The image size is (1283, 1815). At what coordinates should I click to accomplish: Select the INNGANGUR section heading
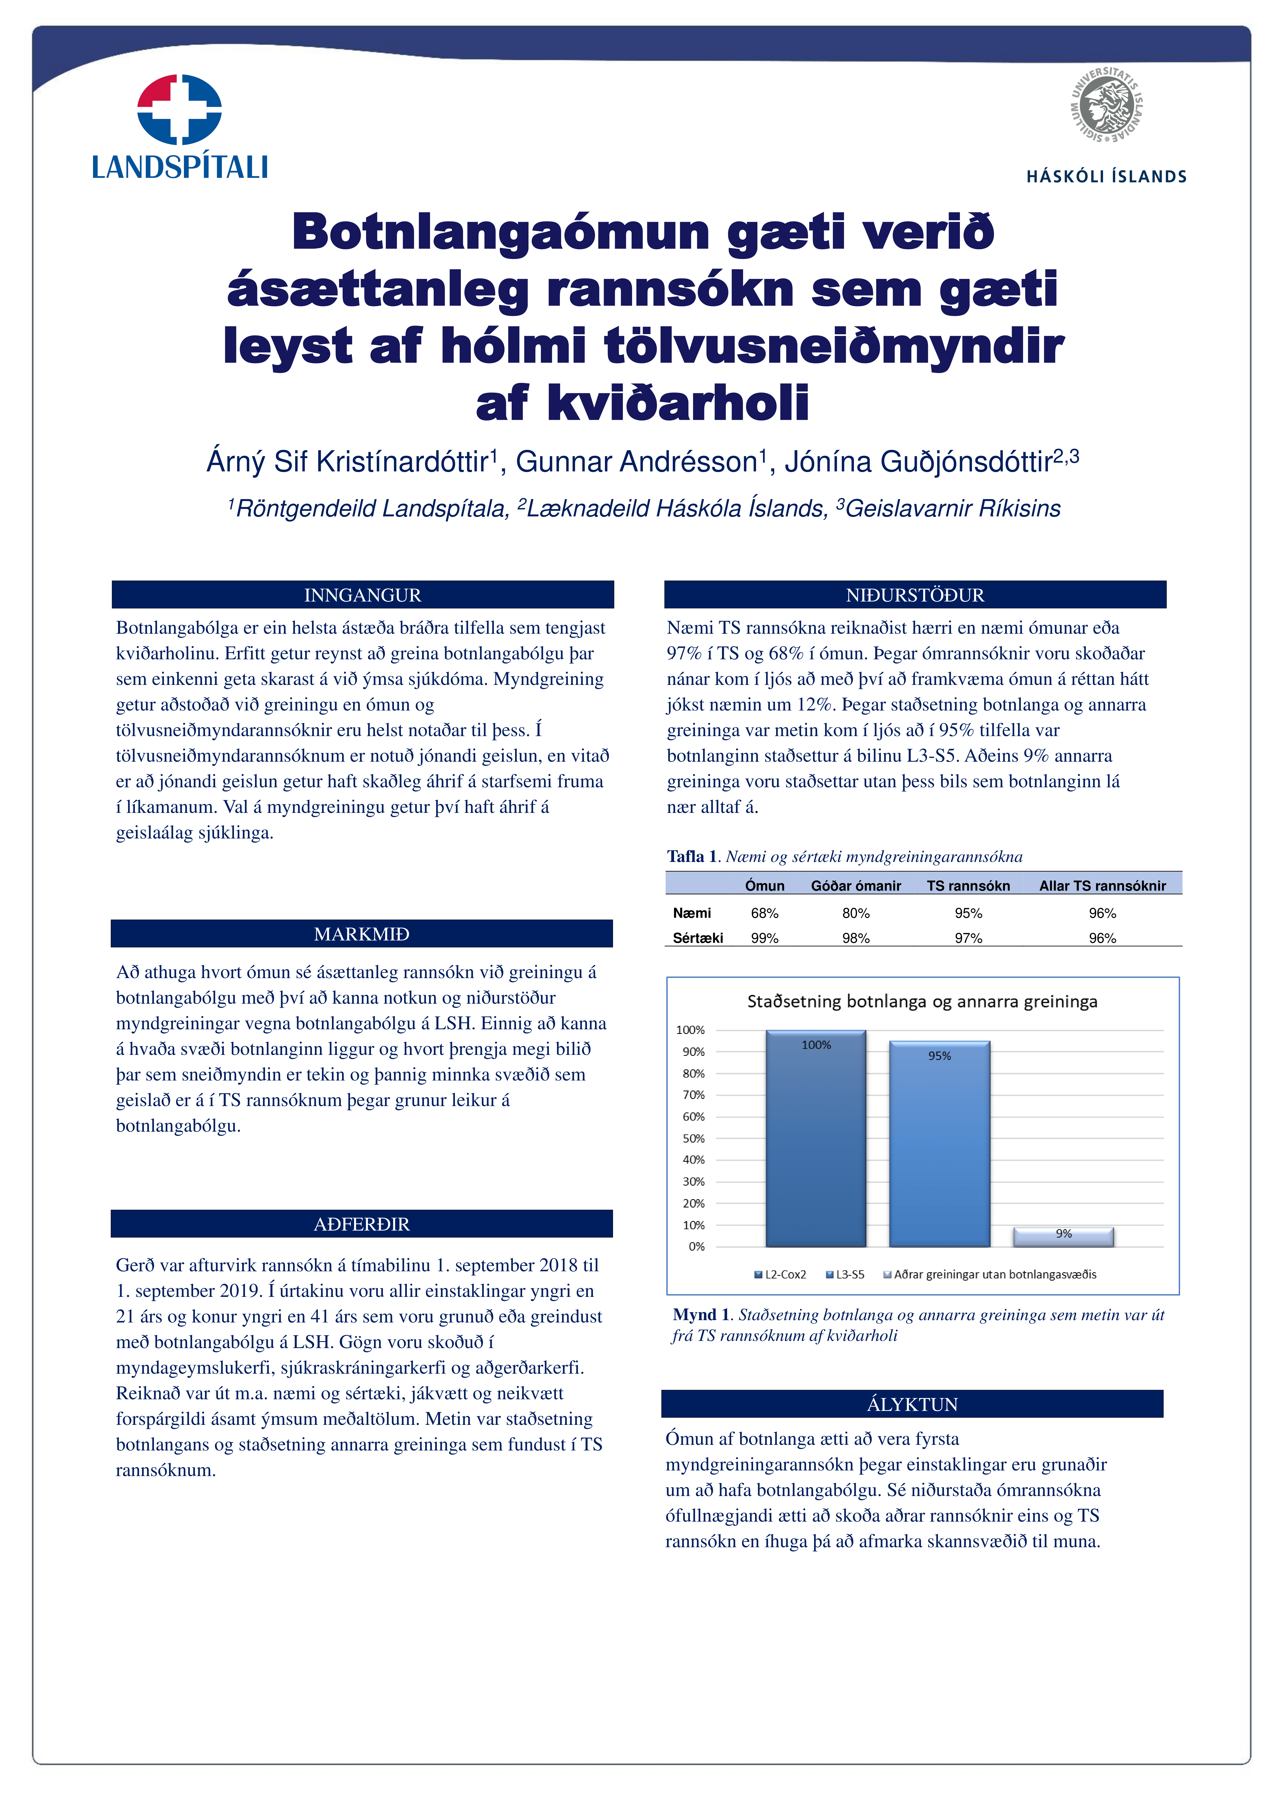[363, 595]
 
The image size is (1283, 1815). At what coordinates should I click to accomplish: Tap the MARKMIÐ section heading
[362, 934]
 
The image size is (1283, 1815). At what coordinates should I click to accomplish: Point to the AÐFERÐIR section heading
[362, 1224]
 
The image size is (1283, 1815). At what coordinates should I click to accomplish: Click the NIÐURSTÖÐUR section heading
[915, 595]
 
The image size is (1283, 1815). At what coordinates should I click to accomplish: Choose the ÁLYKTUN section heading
[912, 1404]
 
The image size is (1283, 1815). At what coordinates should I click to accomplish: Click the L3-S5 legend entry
[845, 1274]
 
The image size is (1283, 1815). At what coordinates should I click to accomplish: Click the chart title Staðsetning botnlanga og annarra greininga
[922, 1002]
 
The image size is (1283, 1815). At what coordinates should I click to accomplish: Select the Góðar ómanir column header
[856, 885]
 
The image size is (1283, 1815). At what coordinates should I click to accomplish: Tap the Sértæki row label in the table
[698, 938]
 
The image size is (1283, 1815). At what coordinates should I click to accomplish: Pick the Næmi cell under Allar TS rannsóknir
[1102, 913]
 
